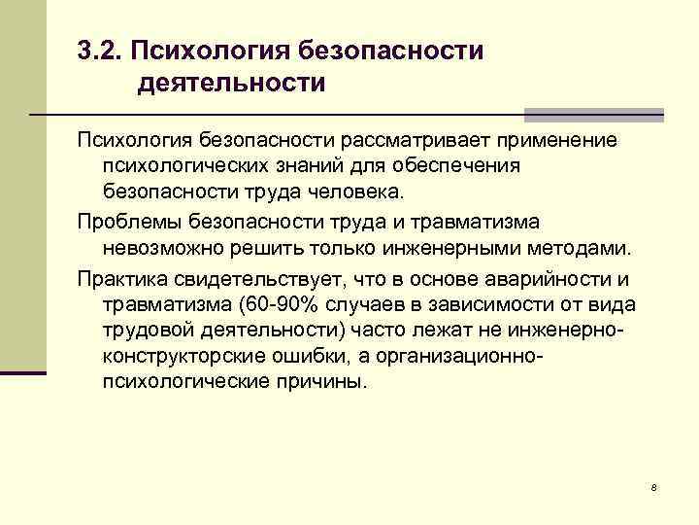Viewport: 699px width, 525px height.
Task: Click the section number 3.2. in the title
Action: [x=99, y=49]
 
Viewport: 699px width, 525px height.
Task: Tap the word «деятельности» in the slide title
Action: [x=231, y=84]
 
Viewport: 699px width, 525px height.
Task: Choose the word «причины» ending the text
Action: [x=327, y=381]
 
